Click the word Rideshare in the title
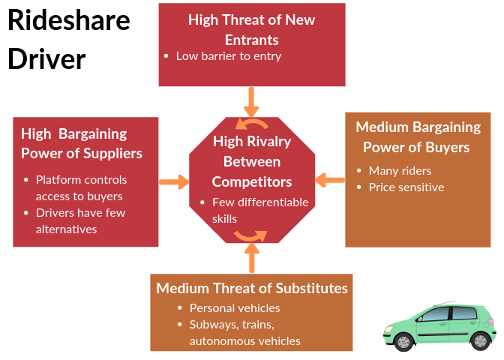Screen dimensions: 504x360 68,22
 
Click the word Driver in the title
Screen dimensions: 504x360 46,58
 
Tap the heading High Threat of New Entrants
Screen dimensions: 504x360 251,29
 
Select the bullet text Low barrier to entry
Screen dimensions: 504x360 229,56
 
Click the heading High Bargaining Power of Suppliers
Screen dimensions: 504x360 81,144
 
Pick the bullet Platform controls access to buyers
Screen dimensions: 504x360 82,188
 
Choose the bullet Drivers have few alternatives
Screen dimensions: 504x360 80,220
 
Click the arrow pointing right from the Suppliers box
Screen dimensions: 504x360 174,181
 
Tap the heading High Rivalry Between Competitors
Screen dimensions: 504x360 251,161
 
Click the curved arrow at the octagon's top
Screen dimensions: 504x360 251,124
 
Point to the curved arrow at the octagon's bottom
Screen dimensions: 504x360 250,235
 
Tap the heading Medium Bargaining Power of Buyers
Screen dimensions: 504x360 418,136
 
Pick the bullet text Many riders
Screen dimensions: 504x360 400,170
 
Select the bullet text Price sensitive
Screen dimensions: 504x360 406,187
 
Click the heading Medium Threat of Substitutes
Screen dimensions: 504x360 252,288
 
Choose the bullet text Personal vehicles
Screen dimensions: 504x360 235,307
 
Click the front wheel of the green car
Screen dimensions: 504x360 404,342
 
